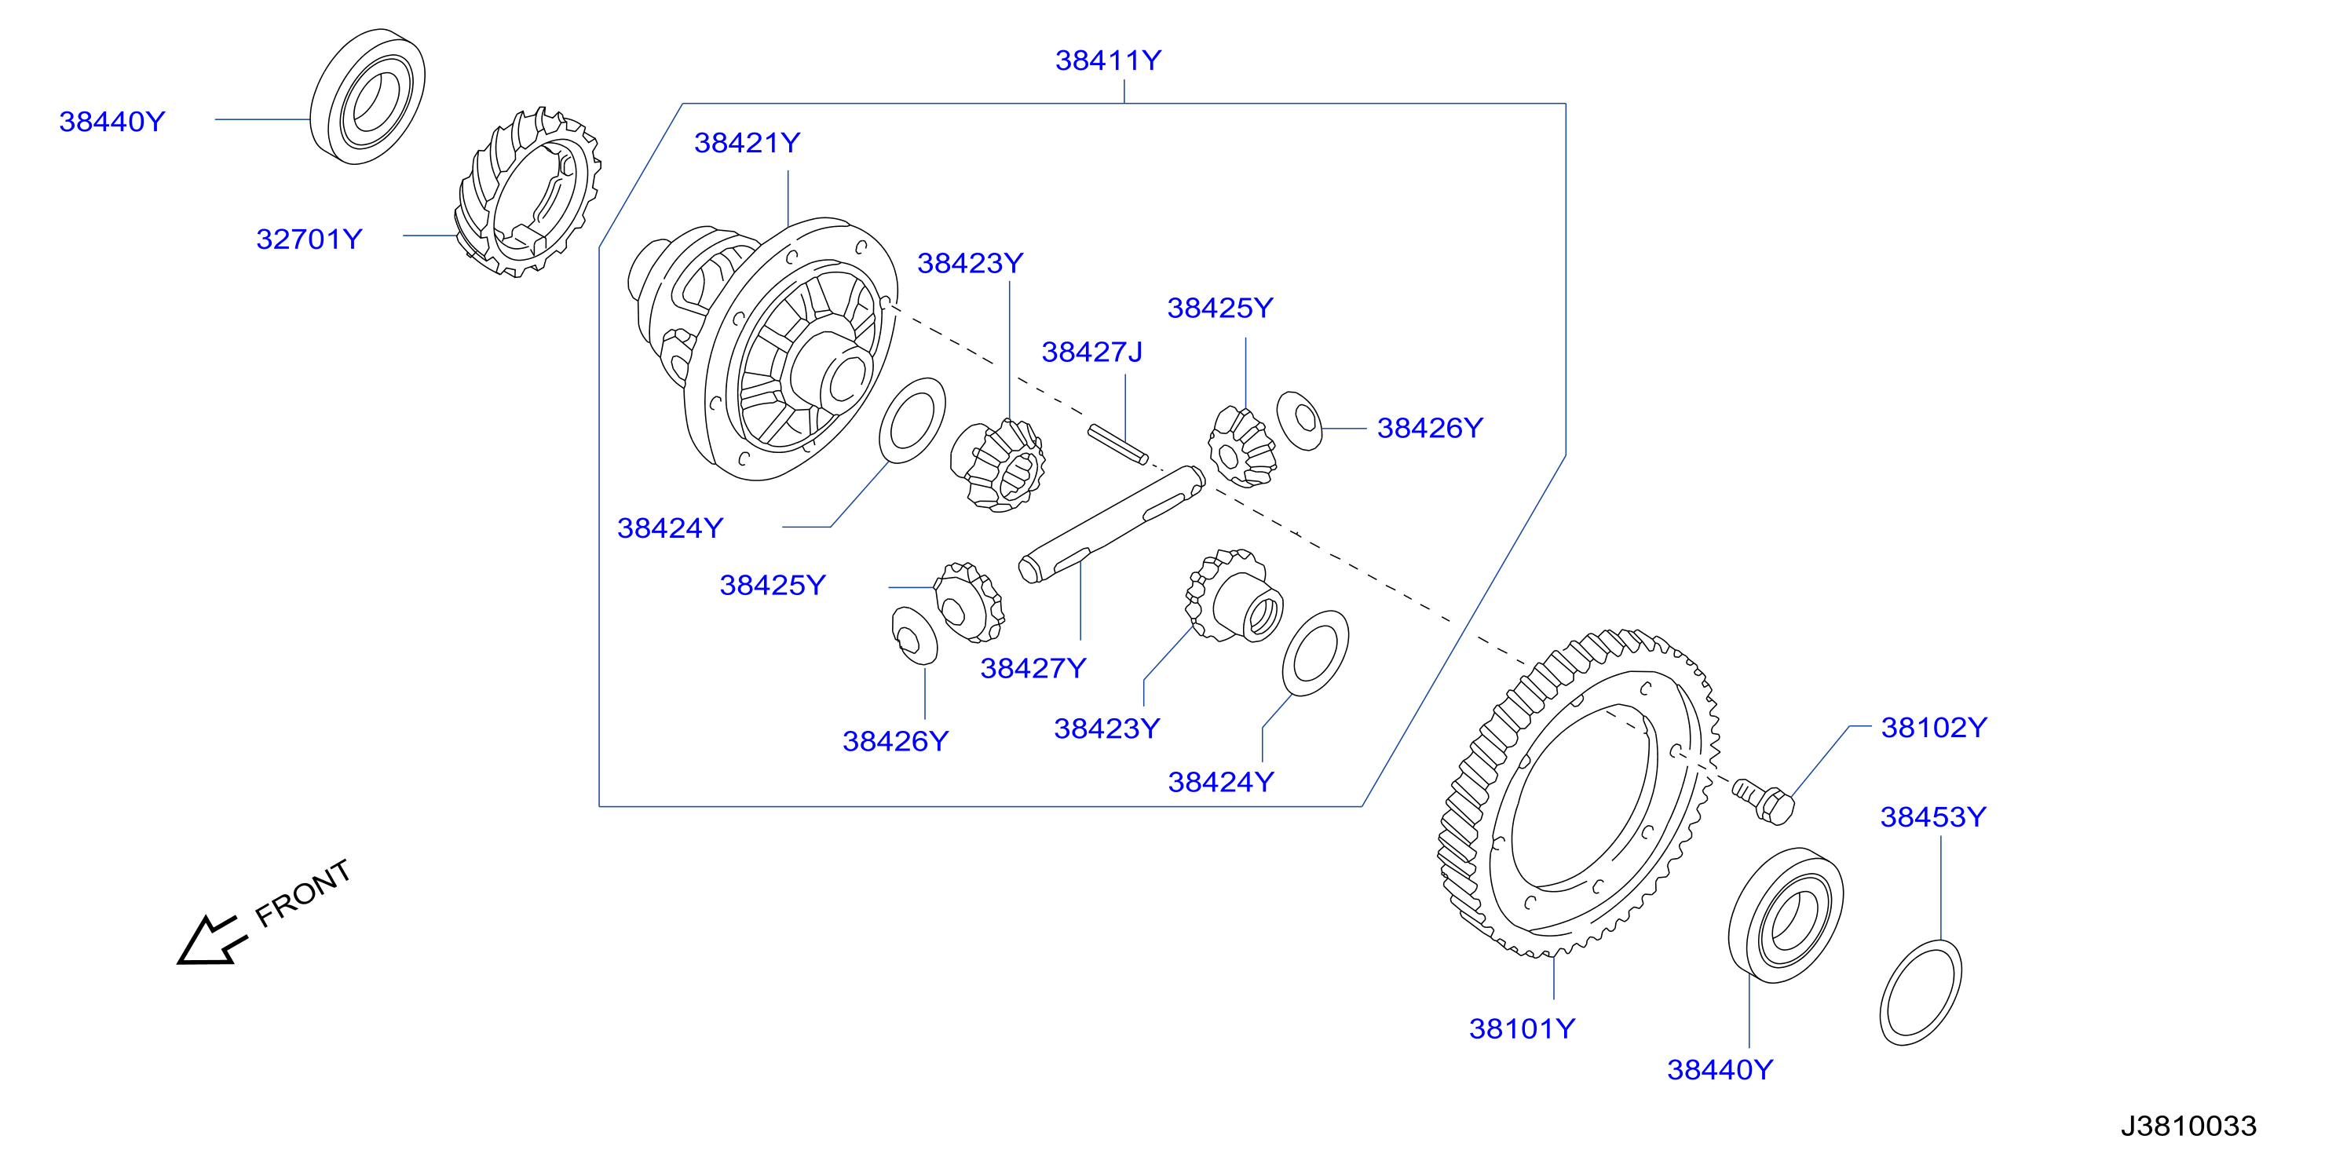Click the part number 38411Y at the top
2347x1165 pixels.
[1108, 60]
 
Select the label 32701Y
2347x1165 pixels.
[309, 239]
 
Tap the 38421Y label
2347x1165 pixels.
[747, 142]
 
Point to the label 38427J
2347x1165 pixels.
[1091, 352]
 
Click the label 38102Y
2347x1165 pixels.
[1934, 727]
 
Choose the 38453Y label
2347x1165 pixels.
[1933, 816]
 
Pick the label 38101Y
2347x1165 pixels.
[1522, 1028]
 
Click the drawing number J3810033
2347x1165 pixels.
[2188, 1126]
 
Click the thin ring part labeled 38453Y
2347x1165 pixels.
[1921, 993]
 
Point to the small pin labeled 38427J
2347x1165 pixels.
[1118, 444]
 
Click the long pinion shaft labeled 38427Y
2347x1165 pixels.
[1112, 524]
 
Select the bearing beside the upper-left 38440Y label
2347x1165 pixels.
[367, 97]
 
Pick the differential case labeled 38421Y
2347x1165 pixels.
[763, 349]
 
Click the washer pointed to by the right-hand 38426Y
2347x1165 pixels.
[1300, 420]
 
